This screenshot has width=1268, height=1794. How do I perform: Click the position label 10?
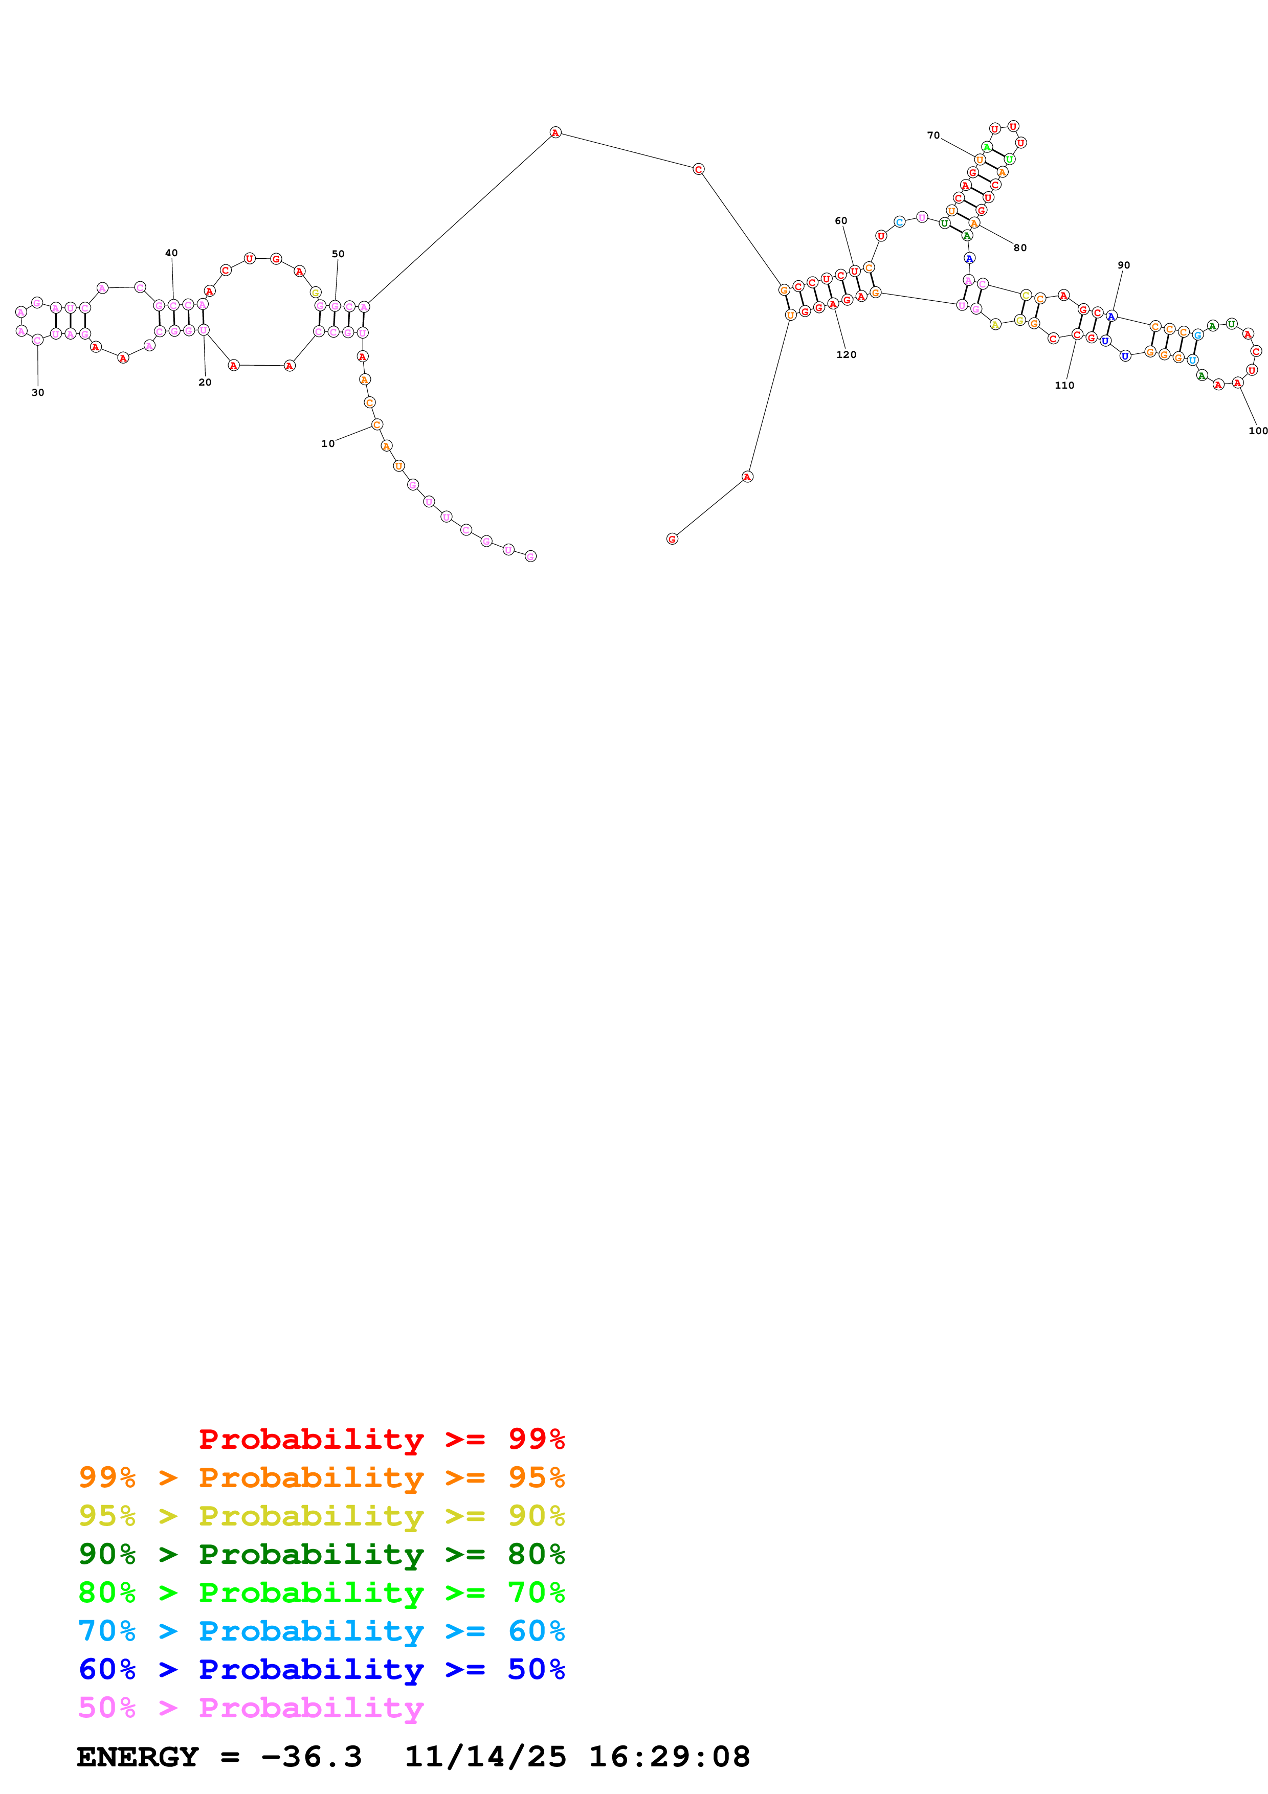(327, 444)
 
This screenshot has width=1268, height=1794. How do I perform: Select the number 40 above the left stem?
(171, 253)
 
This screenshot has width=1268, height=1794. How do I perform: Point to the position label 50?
(338, 254)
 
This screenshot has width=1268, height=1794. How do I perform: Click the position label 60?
(841, 221)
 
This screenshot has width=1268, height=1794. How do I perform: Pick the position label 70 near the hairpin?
(933, 135)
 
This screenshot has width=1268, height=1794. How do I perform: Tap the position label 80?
(1019, 248)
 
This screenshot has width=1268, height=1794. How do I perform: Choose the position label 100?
(1258, 431)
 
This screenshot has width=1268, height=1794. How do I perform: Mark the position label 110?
(1064, 385)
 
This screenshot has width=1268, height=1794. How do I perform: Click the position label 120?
(846, 355)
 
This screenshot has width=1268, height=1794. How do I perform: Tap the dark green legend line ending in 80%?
(321, 1554)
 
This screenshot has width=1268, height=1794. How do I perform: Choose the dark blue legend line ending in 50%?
(321, 1669)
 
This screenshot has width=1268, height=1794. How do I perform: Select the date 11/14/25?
(485, 1757)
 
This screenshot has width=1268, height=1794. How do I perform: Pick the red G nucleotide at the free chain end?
(672, 539)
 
